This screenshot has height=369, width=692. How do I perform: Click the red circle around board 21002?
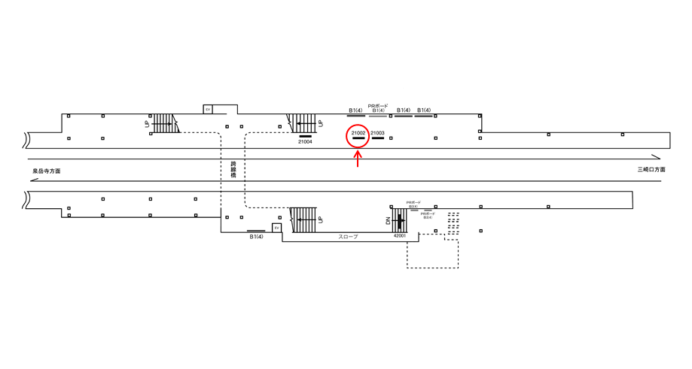[x=358, y=136]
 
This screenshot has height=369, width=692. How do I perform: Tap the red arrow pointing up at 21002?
[x=358, y=159]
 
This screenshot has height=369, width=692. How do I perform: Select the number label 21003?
[x=378, y=133]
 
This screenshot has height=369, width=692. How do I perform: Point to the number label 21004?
[x=305, y=142]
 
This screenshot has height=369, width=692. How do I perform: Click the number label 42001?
[x=400, y=235]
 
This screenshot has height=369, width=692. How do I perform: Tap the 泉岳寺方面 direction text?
[x=46, y=171]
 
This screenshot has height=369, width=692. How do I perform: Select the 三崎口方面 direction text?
[x=651, y=170]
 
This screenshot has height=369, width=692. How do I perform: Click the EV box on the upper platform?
[x=208, y=109]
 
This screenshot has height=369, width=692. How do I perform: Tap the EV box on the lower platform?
[x=276, y=228]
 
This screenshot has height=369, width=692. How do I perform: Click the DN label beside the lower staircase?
[x=389, y=221]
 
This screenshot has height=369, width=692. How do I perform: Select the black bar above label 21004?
[x=305, y=136]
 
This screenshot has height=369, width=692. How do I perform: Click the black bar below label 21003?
[x=378, y=139]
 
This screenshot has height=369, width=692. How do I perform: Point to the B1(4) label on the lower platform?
[x=256, y=237]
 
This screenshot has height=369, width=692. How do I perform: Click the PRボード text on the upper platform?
[x=378, y=105]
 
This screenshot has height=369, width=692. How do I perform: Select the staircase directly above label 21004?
[x=304, y=122]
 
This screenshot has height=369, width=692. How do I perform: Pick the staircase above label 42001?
[x=399, y=219]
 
